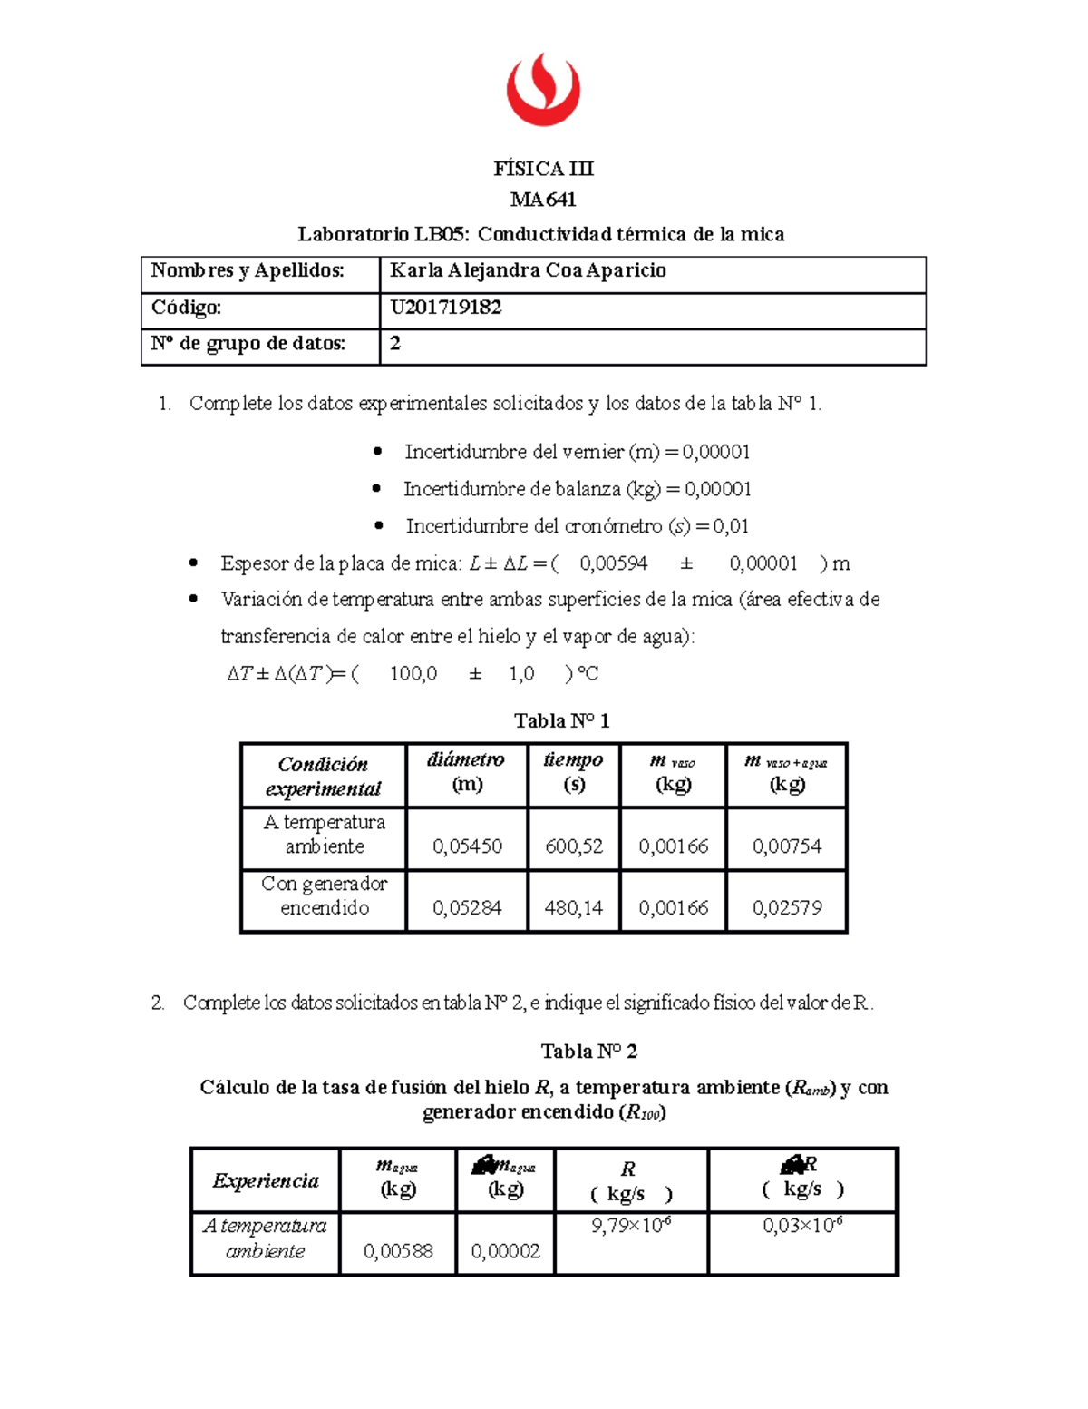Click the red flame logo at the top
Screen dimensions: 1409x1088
coord(542,89)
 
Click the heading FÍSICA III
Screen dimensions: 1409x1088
coord(543,169)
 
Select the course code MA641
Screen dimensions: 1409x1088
coord(543,200)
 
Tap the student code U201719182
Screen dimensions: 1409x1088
coord(445,308)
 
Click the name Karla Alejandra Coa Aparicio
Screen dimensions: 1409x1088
coord(528,270)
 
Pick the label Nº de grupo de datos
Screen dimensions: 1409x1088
coord(248,344)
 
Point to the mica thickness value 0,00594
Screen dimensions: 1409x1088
coord(614,563)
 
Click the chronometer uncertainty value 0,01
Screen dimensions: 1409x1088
coord(731,526)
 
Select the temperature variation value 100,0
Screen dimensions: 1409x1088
coord(413,673)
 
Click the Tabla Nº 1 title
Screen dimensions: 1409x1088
coord(561,720)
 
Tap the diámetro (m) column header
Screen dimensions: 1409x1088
coord(466,772)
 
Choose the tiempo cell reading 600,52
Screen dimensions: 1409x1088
coord(574,846)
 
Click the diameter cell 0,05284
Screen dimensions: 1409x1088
coord(467,908)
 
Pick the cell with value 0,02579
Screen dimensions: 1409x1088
coord(786,908)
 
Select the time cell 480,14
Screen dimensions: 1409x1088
coord(574,908)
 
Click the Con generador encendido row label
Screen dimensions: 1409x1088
coord(324,895)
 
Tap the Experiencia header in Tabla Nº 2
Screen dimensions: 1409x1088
coord(266,1180)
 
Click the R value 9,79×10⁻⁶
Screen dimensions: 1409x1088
coord(631,1226)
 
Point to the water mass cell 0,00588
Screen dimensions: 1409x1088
coord(398,1251)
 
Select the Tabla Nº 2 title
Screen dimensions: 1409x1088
coord(588,1052)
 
